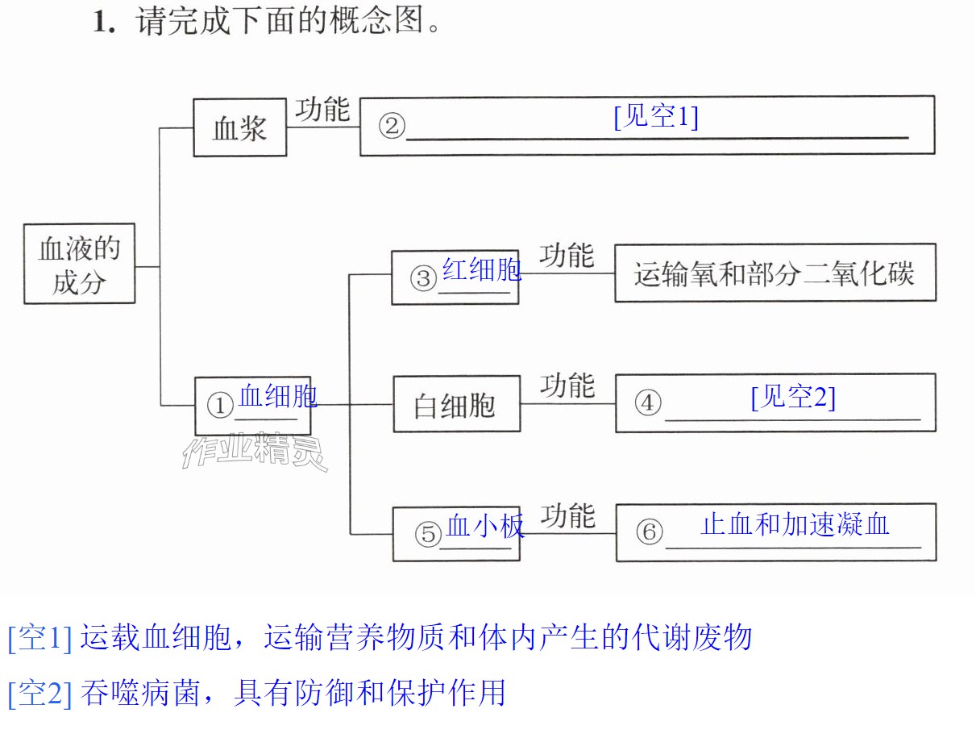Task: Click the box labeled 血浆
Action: [x=239, y=127]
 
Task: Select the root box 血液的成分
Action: [x=79, y=264]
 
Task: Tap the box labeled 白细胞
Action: [x=457, y=404]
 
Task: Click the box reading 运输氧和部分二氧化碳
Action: [x=775, y=273]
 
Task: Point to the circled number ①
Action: [x=220, y=405]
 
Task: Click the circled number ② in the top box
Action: [x=392, y=126]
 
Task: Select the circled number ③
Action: [x=423, y=279]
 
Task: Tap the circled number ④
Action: [x=648, y=402]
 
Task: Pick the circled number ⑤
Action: [x=428, y=534]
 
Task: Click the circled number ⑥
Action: [x=649, y=532]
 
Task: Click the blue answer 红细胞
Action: [x=482, y=269]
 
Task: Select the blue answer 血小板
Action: [x=484, y=526]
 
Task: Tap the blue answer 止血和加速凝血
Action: [x=795, y=524]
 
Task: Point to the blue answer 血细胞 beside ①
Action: [x=278, y=395]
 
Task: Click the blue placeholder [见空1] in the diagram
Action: [x=656, y=117]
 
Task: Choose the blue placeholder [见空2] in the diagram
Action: [x=793, y=397]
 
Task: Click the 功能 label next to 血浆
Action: [x=323, y=109]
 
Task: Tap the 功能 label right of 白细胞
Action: [x=567, y=386]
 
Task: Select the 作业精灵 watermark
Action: [x=255, y=452]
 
